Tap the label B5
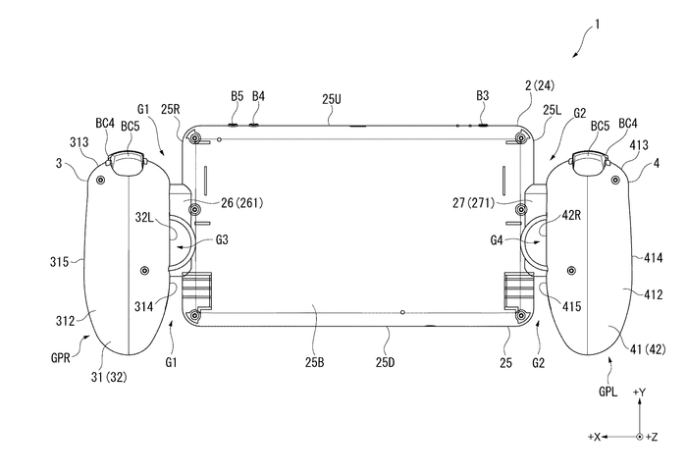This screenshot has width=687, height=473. click(x=237, y=96)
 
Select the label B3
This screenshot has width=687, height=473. click(x=482, y=96)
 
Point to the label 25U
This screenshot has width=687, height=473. click(x=331, y=98)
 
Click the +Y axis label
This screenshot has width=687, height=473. click(x=640, y=393)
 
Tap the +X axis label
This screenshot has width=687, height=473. click(x=594, y=435)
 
